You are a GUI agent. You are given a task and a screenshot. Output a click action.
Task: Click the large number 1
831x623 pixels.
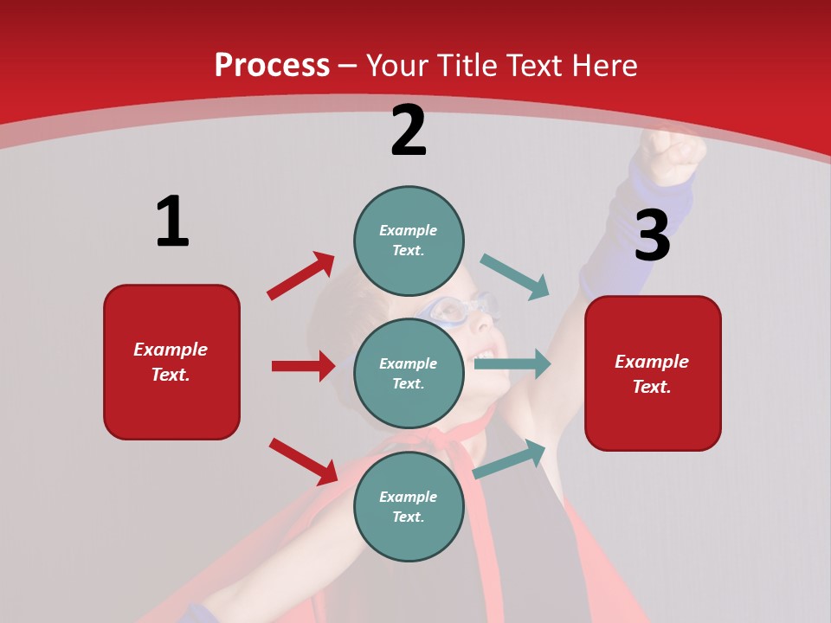[172, 222]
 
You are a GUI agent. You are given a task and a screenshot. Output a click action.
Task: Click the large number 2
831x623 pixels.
[409, 131]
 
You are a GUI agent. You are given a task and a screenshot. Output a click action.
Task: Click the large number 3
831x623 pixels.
[652, 235]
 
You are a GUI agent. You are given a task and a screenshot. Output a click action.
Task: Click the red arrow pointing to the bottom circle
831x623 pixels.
[304, 460]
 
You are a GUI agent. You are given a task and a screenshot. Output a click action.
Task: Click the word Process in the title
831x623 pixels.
[272, 65]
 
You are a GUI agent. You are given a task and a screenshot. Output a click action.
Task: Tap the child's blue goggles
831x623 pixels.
[459, 309]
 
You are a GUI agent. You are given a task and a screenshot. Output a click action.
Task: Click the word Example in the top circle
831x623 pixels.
[408, 230]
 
